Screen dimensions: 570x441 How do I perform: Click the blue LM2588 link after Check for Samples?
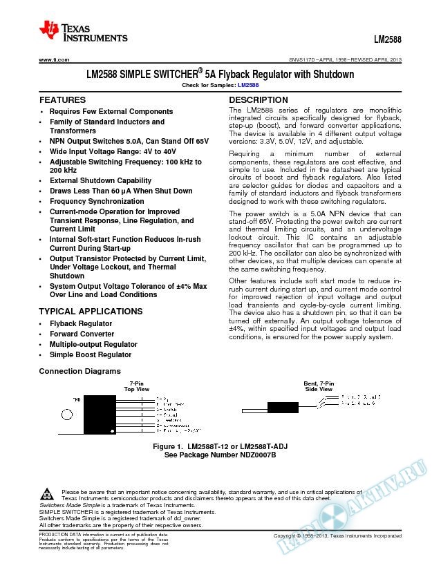(x=248, y=85)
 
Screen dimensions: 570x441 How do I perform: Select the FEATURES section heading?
(x=62, y=100)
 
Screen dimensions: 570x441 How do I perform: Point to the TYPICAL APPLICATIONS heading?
(x=91, y=312)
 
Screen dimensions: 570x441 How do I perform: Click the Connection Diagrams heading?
(x=75, y=372)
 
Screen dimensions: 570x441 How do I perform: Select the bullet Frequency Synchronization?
(x=97, y=201)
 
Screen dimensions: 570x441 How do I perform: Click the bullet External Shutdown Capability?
(x=101, y=180)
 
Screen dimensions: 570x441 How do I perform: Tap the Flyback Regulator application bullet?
(x=80, y=323)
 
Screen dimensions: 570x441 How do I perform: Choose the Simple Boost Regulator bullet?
(x=90, y=354)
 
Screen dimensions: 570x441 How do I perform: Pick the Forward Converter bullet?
(x=82, y=334)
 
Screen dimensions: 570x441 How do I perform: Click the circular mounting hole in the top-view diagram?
(x=69, y=415)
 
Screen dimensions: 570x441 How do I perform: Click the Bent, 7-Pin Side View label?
(x=318, y=386)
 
